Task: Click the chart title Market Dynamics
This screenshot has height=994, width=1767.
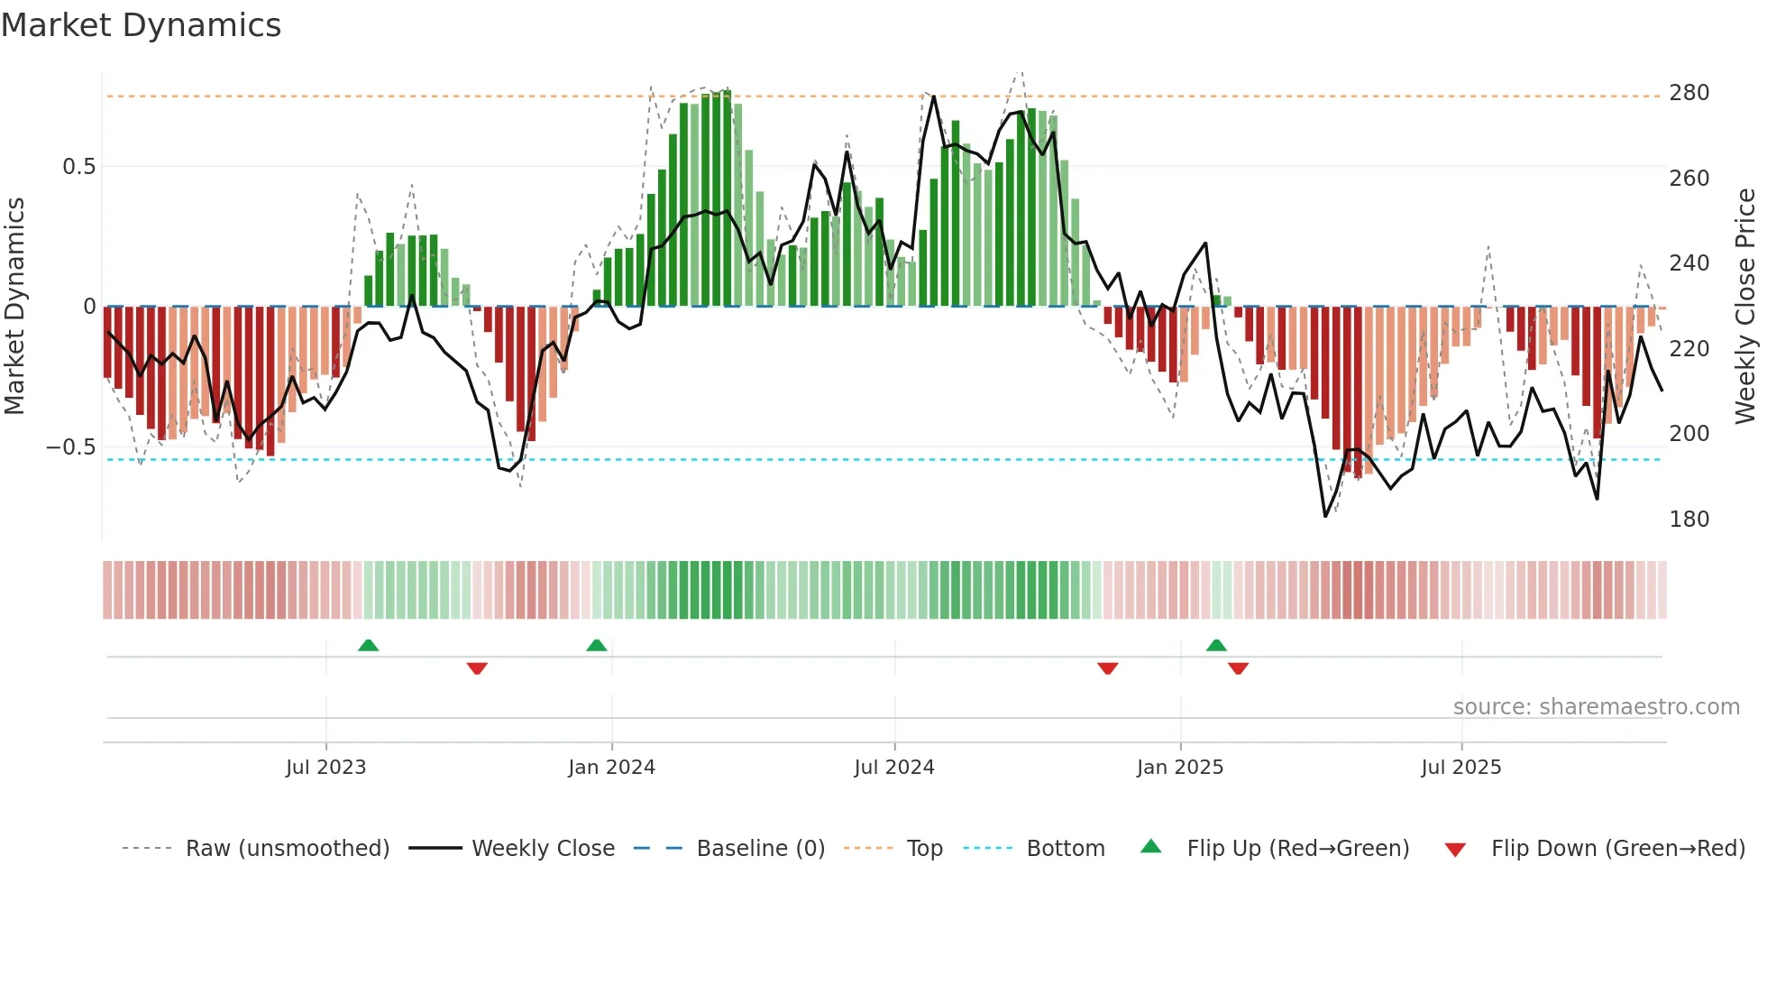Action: click(141, 25)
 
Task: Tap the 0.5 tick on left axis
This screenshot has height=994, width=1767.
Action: click(78, 167)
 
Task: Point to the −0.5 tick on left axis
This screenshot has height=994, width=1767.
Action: click(70, 447)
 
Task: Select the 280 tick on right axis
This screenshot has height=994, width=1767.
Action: click(1689, 93)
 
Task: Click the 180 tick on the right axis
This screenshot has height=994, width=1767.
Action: click(1689, 520)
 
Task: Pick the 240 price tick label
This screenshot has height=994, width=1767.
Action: click(1689, 263)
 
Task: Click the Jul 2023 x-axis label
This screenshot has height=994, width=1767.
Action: click(325, 768)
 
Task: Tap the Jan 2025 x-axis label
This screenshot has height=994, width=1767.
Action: click(1179, 768)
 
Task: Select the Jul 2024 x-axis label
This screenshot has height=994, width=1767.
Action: click(893, 768)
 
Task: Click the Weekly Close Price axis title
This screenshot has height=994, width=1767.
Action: click(1745, 307)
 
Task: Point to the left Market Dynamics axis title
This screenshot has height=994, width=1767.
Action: click(14, 307)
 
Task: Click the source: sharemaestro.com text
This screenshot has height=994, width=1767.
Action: click(1596, 707)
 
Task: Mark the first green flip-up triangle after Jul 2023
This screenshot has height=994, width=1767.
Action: click(368, 645)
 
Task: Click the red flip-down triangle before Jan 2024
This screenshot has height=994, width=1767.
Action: click(477, 668)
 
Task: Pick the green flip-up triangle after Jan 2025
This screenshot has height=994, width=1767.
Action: click(1216, 645)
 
